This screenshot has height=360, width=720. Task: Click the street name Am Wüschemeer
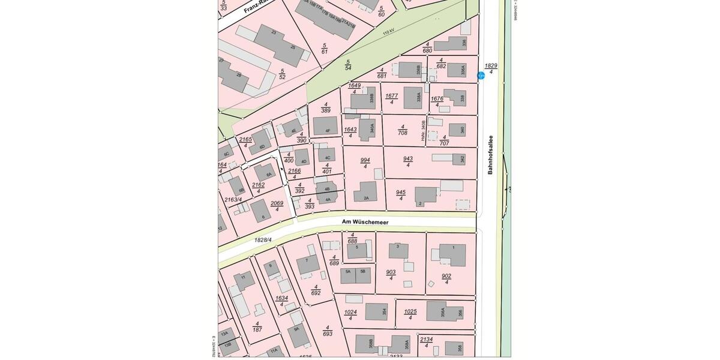[365, 222]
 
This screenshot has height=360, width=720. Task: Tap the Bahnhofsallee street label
[490, 155]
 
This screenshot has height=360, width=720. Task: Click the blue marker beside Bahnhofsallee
[481, 76]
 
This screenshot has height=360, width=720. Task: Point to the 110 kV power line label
[388, 31]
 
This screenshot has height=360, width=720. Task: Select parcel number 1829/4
[491, 68]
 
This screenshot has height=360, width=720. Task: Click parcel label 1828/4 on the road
[263, 240]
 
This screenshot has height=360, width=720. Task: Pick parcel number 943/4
[408, 161]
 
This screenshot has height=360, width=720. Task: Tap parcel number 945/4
[401, 195]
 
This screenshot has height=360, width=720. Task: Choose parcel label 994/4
[365, 163]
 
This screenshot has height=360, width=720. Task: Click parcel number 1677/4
[392, 98]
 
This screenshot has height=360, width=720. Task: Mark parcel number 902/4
[446, 278]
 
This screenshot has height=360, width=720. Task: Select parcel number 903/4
[391, 275]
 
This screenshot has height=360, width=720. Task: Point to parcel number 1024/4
[350, 314]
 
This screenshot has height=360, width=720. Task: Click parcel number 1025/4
[410, 314]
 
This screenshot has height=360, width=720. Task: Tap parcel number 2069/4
[277, 206]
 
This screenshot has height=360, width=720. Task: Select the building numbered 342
[459, 159]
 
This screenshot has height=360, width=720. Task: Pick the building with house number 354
[376, 311]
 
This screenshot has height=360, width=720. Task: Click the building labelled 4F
[325, 125]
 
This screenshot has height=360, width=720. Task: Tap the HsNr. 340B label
[424, 131]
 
